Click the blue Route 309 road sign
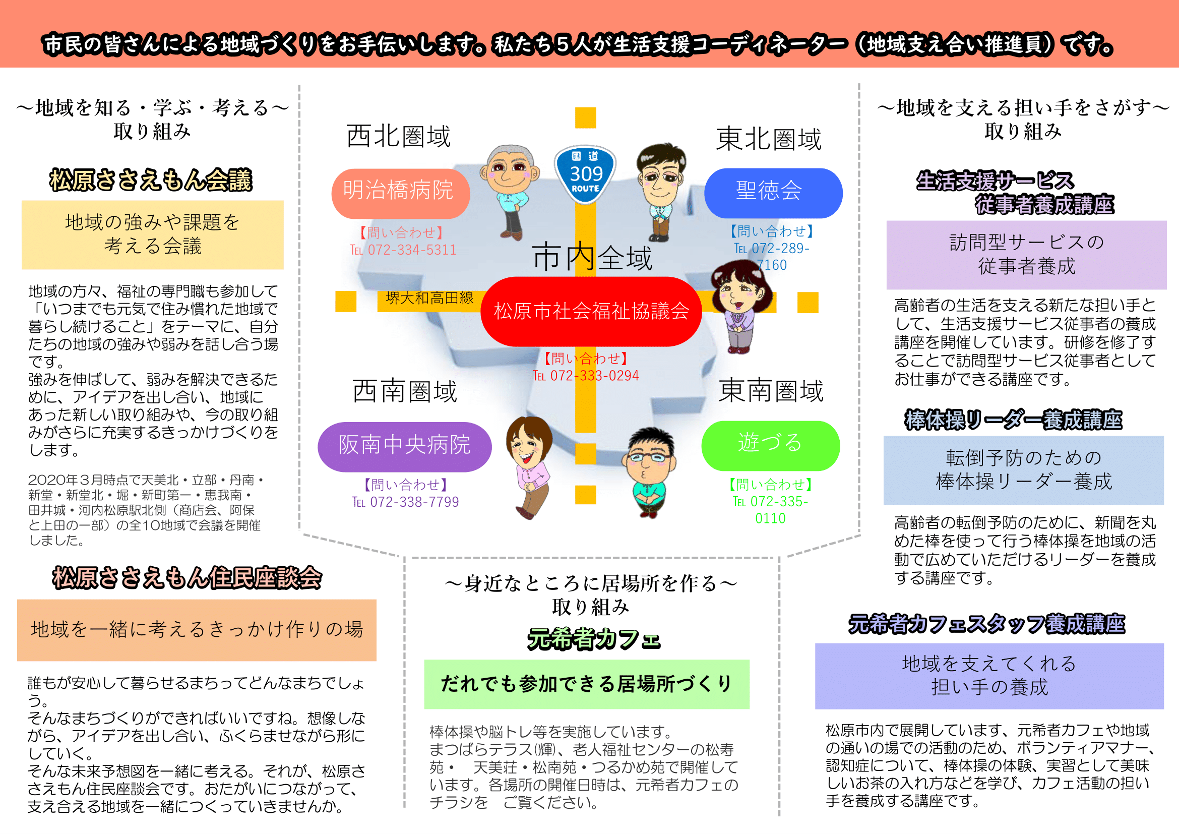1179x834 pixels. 585,174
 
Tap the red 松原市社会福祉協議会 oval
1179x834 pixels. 591,311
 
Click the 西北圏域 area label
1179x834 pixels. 399,137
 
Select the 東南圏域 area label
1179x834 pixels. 770,391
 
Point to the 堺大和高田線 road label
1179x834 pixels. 429,299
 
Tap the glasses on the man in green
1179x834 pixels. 650,457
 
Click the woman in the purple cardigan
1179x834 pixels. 739,307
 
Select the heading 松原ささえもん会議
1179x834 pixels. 151,180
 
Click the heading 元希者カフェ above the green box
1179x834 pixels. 594,639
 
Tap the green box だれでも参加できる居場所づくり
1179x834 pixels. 586,684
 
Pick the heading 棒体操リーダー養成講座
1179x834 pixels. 1013,420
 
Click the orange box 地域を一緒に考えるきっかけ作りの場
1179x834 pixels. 197,630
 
